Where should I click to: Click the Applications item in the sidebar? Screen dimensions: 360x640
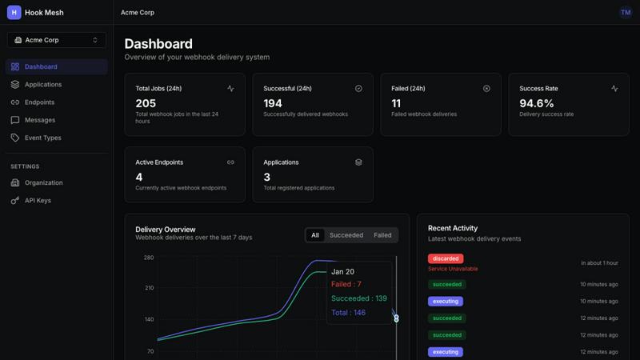pos(42,85)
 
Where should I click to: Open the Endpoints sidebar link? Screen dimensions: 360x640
pos(39,102)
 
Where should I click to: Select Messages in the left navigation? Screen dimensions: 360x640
pos(39,120)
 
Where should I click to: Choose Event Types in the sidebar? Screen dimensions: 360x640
pos(42,138)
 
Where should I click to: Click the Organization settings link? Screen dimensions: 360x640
pos(43,182)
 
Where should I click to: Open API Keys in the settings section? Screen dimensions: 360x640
pos(38,200)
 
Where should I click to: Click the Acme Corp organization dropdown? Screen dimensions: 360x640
pos(56,40)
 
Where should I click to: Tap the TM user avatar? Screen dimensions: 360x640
pos(626,13)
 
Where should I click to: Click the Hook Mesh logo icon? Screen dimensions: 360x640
pos(14,13)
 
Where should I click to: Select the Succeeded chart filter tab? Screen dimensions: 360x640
pos(346,235)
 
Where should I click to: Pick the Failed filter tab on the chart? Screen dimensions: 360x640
pos(382,235)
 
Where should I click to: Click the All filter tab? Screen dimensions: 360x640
pos(315,235)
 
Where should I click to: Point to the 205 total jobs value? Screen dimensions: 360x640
pos(146,103)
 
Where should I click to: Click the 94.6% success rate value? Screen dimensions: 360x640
pos(537,103)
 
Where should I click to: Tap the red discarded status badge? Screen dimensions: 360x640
pos(446,258)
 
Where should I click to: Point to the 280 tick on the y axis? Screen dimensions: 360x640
pos(149,258)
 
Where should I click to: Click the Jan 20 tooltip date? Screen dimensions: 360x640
pos(342,272)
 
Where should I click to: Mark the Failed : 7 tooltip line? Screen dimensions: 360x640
pos(346,284)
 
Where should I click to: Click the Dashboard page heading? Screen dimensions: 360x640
pos(158,44)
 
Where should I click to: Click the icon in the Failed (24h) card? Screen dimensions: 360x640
pos(486,89)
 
